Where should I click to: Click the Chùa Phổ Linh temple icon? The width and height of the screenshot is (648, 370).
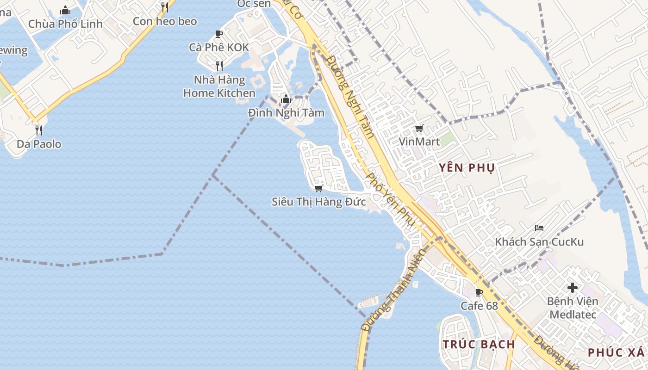pos(65,10)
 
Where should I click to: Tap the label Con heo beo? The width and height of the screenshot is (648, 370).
pos(165,21)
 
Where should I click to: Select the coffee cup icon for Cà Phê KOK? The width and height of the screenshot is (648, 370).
pos(219,34)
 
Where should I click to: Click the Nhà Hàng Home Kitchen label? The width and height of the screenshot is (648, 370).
pos(219,86)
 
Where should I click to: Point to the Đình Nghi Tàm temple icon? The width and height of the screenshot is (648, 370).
pos(286,99)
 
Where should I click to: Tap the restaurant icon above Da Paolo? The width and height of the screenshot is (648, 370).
pos(39,130)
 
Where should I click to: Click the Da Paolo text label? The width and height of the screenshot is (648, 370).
pos(39,144)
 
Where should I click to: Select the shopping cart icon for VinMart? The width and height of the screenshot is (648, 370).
pos(419,129)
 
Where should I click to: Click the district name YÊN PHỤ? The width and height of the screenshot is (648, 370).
pos(467,167)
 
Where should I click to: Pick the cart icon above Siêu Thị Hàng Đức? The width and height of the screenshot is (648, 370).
pos(318,188)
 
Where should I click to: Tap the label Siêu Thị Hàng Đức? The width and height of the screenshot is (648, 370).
pos(318,202)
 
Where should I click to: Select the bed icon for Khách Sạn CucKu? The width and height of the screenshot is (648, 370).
pos(539,228)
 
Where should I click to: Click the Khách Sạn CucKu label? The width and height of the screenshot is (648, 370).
pos(539,242)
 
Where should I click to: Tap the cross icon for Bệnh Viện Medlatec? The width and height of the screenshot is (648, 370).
pos(573,288)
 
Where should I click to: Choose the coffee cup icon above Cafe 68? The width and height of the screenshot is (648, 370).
pos(479,292)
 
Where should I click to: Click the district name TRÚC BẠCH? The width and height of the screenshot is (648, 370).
pos(479,344)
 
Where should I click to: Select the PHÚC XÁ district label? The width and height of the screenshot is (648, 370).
pos(616,352)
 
